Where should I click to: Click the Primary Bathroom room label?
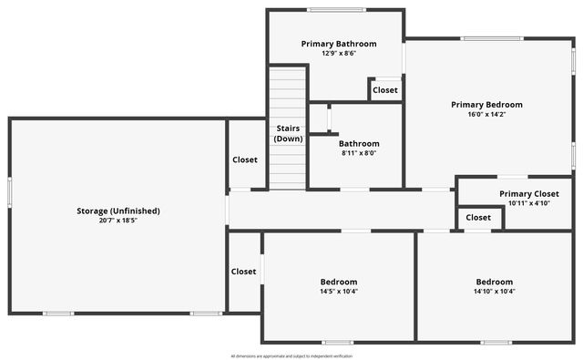[x=339, y=43]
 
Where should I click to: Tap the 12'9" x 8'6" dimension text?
[x=339, y=53]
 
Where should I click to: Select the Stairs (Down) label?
[x=288, y=133]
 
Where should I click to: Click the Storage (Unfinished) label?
[x=118, y=211]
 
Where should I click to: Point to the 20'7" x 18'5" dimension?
[x=118, y=221]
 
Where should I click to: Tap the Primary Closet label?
[x=529, y=193]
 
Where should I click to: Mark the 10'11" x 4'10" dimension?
[x=529, y=203]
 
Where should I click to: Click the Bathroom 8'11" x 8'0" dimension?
[x=359, y=153]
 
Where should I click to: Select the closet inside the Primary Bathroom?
[x=385, y=90]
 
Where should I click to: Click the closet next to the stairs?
[x=245, y=159]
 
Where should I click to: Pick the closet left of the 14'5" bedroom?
[x=243, y=272]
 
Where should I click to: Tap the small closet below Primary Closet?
[x=478, y=218]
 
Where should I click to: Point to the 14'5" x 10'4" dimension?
[x=339, y=292]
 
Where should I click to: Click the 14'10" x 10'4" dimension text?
[x=495, y=292]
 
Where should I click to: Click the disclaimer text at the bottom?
[x=291, y=355]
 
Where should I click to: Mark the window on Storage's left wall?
[x=10, y=191]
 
